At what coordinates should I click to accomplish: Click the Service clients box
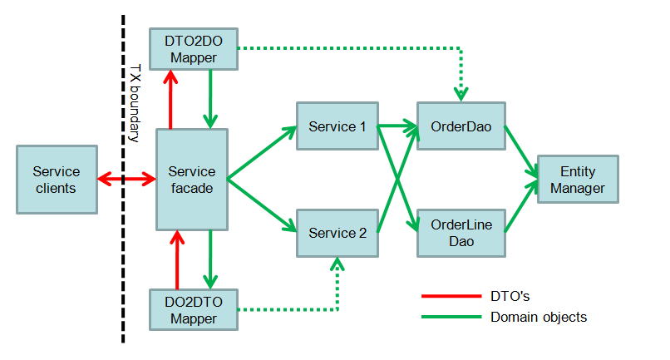[57, 180]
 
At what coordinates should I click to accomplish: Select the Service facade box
[192, 180]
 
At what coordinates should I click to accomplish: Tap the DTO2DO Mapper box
[194, 49]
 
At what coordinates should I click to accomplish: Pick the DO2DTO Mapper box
[194, 310]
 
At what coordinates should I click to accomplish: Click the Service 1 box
[337, 126]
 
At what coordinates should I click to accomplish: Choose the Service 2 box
[337, 233]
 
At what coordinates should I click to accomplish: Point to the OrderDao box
[461, 126]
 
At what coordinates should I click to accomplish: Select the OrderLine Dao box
[461, 233]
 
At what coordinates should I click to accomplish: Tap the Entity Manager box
[578, 179]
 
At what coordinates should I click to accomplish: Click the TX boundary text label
[135, 103]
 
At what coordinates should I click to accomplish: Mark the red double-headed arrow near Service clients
[126, 179]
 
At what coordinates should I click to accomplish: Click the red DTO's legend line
[451, 296]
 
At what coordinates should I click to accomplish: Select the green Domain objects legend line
[451, 317]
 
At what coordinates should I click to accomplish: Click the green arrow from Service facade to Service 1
[262, 152]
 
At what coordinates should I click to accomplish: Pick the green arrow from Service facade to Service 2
[262, 205]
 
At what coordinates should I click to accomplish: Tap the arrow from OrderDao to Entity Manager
[521, 151]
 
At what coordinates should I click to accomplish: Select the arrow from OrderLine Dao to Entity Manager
[521, 206]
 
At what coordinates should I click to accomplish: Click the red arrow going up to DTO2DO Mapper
[170, 100]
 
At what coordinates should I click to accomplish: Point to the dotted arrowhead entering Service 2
[337, 264]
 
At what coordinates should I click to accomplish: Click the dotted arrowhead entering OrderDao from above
[461, 95]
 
